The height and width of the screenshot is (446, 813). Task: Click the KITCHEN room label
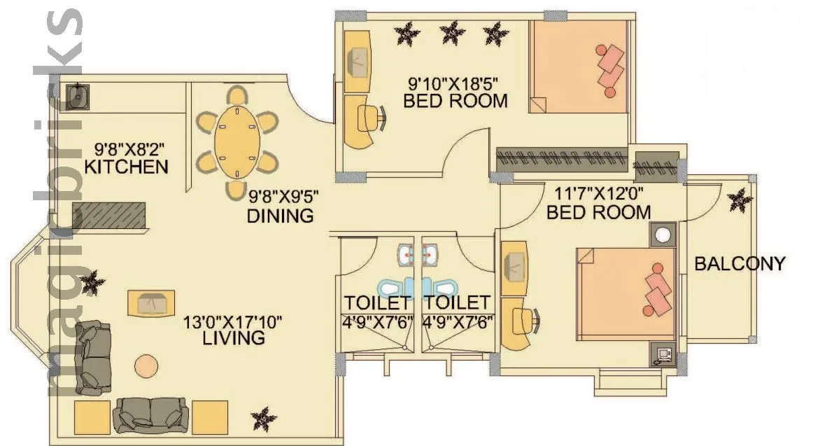(x=126, y=167)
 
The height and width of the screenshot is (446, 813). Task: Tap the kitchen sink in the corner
(x=77, y=96)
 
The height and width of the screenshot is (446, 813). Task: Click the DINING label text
(x=280, y=215)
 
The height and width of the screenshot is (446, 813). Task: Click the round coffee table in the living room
(x=147, y=365)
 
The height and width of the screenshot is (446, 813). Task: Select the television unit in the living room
(x=151, y=303)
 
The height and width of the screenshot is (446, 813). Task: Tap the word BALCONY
(x=740, y=264)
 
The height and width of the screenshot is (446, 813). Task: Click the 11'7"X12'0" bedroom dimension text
(x=598, y=193)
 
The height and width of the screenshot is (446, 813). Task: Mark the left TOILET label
(x=377, y=303)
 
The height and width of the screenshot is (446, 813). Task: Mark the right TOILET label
(x=458, y=303)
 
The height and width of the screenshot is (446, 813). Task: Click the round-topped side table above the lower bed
(x=662, y=235)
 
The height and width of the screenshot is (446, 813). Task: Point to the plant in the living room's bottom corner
(x=264, y=417)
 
